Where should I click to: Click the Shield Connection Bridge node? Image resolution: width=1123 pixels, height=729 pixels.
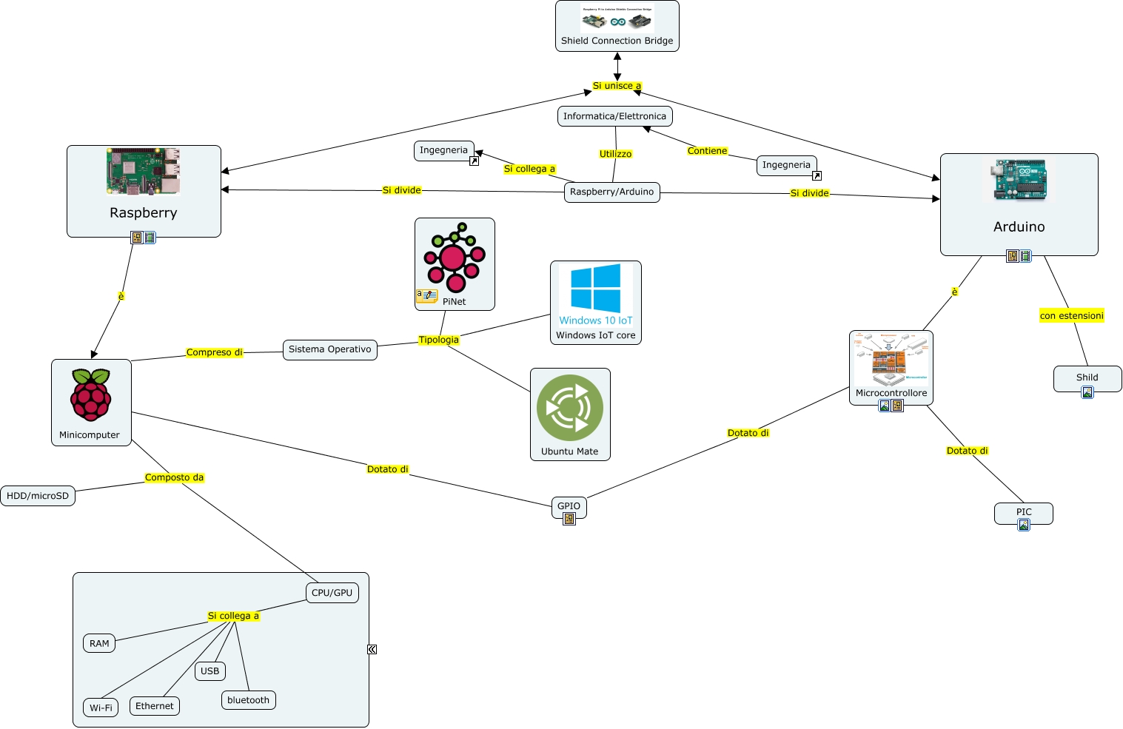point(617,27)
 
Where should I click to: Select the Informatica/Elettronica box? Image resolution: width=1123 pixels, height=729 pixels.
point(614,116)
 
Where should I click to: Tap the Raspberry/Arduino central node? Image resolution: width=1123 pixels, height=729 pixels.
point(611,192)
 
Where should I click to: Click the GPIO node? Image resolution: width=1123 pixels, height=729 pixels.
point(569,506)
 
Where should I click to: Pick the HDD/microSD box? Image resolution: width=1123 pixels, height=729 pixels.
point(38,496)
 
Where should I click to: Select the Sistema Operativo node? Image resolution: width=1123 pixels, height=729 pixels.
point(329,349)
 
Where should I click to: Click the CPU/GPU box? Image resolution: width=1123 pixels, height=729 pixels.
point(332,593)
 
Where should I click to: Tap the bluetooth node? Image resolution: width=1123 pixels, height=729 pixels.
point(248,700)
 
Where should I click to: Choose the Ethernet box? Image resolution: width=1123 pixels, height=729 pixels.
point(154,706)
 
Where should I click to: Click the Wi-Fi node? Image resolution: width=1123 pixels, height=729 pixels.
point(101,708)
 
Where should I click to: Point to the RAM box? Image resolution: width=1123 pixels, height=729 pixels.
point(99,644)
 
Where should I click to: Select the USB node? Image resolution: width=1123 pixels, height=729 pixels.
point(209,671)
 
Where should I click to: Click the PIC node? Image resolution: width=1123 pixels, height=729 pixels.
point(1023,512)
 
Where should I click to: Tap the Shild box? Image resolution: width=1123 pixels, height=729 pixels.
point(1087,377)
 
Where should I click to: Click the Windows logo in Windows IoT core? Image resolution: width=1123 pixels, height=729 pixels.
point(596,289)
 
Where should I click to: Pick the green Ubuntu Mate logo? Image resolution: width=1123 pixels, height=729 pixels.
point(570,408)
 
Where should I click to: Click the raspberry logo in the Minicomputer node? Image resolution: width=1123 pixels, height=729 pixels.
point(91,395)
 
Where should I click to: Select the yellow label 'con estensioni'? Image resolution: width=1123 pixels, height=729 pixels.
point(1071,316)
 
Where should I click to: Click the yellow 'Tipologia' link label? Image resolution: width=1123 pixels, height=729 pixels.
point(438,340)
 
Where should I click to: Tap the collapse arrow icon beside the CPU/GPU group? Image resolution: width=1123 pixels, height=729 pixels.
point(372,649)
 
